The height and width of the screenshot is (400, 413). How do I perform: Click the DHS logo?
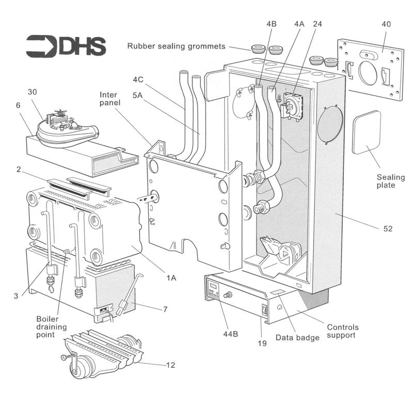(66, 46)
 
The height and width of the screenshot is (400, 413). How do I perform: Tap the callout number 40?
(386, 24)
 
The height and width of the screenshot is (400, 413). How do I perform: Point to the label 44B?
(230, 333)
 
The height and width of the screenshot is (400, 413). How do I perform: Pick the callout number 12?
(170, 365)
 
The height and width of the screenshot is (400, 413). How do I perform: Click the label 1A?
(171, 278)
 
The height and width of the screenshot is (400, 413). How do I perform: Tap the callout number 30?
(33, 91)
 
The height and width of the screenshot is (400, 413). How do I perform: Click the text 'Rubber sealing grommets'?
(176, 47)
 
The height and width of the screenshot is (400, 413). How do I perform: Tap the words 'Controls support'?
(343, 332)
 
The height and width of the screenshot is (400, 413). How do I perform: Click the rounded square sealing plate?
(366, 132)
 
